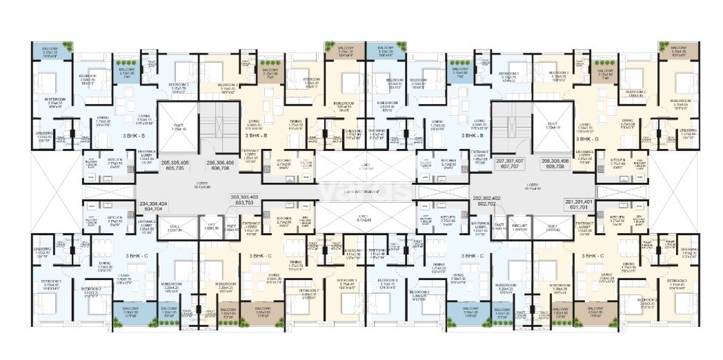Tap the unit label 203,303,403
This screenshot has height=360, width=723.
[246, 199]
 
